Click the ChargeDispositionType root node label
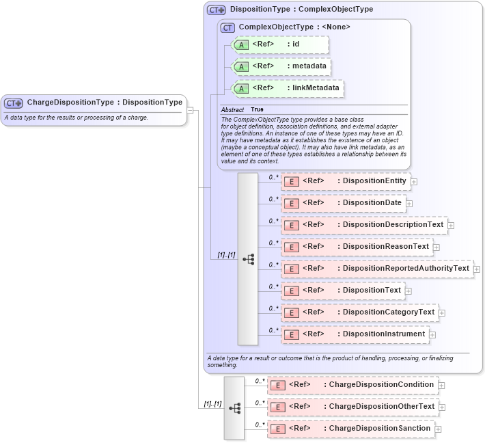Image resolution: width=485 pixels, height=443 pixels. click(x=105, y=103)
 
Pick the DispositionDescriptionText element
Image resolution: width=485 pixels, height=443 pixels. click(x=363, y=225)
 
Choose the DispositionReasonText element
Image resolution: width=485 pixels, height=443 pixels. click(x=356, y=247)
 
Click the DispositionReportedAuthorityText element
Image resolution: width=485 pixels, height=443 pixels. click(x=376, y=269)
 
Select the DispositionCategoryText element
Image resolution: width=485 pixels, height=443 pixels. click(x=359, y=312)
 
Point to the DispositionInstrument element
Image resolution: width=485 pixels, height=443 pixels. click(x=355, y=334)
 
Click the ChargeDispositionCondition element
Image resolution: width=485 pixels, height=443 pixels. click(x=352, y=385)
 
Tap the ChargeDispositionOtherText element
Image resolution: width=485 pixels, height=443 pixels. click(x=352, y=407)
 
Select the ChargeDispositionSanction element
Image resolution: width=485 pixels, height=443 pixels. click(x=350, y=429)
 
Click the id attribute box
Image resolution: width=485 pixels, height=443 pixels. click(x=280, y=45)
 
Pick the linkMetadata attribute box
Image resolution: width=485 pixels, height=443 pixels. click(x=288, y=89)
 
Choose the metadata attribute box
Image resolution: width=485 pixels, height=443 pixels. click(x=281, y=67)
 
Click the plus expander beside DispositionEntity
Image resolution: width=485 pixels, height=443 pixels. click(x=414, y=182)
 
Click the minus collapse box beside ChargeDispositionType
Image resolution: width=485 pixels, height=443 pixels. click(x=190, y=109)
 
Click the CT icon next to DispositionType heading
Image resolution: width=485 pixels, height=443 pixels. click(x=217, y=10)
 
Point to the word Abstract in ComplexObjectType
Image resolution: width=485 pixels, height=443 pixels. click(x=232, y=109)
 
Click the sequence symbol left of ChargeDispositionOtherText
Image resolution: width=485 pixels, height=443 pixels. click(x=234, y=407)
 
